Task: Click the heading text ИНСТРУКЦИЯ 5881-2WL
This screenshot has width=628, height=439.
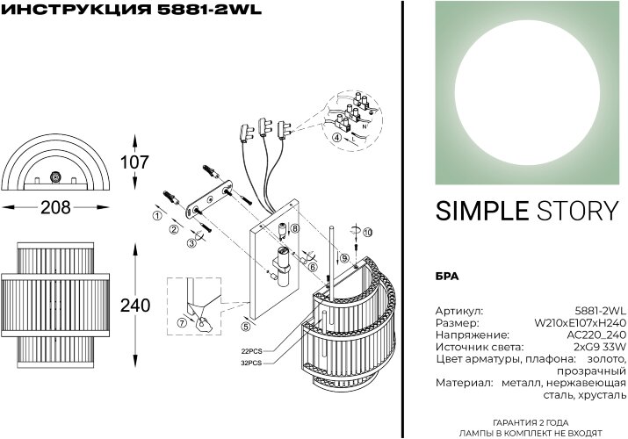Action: click(119, 11)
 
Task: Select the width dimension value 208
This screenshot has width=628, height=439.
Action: click(55, 208)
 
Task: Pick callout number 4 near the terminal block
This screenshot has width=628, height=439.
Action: click(336, 138)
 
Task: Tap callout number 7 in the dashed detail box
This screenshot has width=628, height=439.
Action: click(182, 321)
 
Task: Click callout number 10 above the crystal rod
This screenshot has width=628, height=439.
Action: click(368, 231)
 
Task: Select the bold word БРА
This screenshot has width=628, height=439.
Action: click(447, 276)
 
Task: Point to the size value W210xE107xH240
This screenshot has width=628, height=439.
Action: click(581, 323)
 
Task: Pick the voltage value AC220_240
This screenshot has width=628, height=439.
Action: click(596, 335)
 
